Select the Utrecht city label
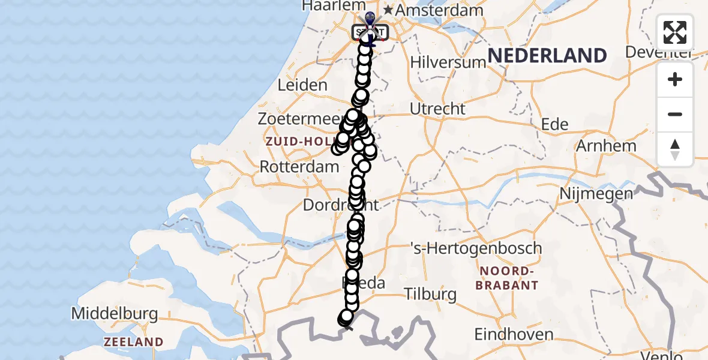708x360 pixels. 437,109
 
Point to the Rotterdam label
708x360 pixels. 299,167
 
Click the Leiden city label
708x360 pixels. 302,85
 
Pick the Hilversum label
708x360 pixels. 448,62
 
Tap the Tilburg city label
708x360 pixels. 430,295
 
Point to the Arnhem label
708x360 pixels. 606,146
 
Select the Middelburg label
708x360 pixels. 114,313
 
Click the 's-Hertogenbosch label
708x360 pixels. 476,248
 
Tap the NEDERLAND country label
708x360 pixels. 547,56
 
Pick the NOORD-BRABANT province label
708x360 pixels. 506,278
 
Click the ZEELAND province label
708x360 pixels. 133,342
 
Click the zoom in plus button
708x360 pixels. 675,80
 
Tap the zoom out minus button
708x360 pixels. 675,115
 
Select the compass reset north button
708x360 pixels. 675,149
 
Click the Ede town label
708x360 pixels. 554,124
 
